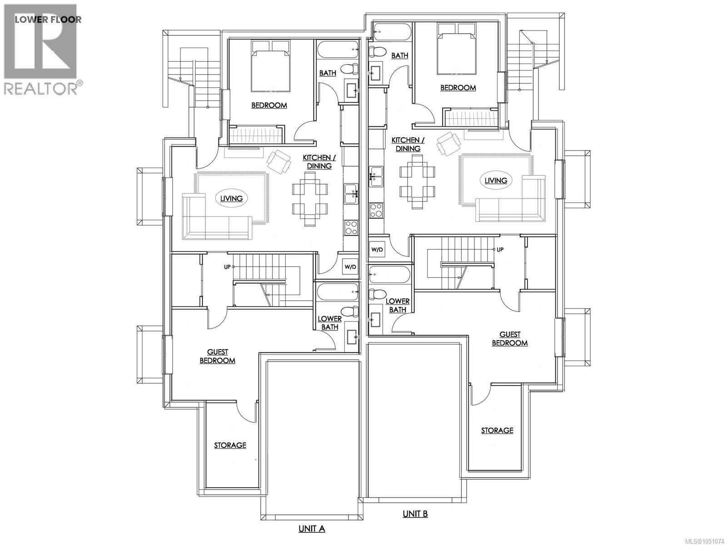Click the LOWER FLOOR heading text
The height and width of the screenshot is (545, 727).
[x=48, y=19]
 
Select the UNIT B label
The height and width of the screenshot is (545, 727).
[x=415, y=514]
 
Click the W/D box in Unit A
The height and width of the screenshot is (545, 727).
[x=350, y=267]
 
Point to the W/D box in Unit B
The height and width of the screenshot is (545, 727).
[x=377, y=249]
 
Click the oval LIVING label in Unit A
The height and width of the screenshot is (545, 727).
[x=232, y=198]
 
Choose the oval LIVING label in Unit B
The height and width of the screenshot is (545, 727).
[x=496, y=180]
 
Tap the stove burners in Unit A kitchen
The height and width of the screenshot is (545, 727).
[x=351, y=228]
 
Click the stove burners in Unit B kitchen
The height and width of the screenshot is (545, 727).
[x=376, y=210]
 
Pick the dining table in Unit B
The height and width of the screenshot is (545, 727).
[x=417, y=182]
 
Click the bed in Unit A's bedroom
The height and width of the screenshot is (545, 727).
[x=271, y=66]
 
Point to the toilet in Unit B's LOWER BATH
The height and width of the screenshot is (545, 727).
[x=377, y=293]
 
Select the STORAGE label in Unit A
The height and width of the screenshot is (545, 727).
[x=230, y=445]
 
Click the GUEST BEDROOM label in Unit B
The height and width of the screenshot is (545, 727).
[x=510, y=339]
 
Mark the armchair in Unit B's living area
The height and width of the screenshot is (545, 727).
[x=449, y=144]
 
